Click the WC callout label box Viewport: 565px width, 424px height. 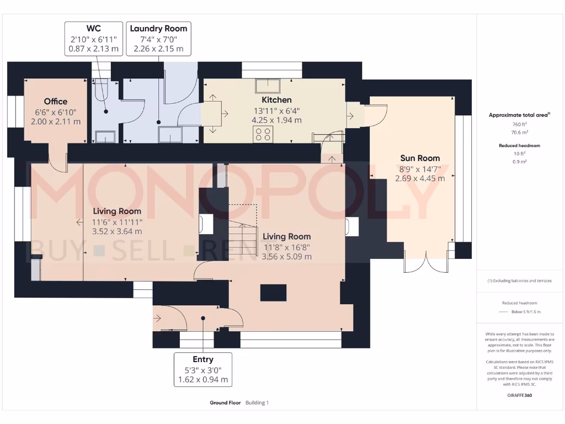93,38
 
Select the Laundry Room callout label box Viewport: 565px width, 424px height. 158,38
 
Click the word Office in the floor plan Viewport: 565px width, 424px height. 56,102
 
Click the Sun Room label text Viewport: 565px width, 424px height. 420,158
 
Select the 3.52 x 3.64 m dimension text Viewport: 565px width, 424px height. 116,231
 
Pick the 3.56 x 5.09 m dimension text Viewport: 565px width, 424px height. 286,256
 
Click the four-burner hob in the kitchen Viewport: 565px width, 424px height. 263,134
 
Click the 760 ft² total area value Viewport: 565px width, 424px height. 519,125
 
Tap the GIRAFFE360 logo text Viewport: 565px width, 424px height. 519,395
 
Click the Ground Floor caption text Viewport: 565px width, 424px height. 225,403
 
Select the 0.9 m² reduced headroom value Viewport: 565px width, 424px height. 519,161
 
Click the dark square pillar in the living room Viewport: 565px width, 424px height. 273,292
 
